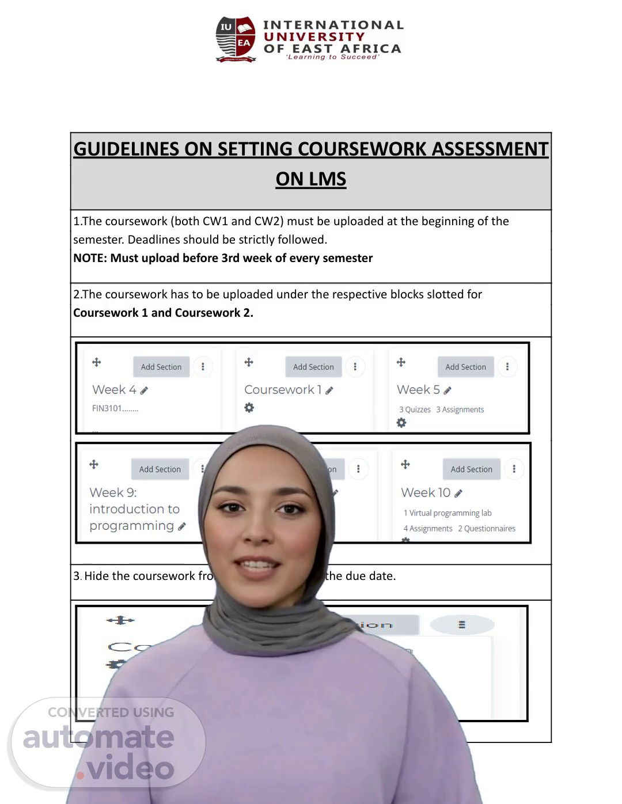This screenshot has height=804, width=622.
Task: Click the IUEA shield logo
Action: pyautogui.click(x=236, y=39)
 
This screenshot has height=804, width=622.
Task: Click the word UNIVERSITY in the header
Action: pyautogui.click(x=314, y=37)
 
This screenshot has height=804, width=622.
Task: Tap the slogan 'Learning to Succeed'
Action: pyautogui.click(x=332, y=57)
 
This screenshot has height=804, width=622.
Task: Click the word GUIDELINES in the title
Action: pyautogui.click(x=126, y=149)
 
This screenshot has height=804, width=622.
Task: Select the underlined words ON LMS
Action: pyautogui.click(x=311, y=179)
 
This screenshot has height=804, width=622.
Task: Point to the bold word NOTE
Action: pyautogui.click(x=89, y=258)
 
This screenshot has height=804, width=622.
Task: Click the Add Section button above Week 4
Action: pyautogui.click(x=161, y=367)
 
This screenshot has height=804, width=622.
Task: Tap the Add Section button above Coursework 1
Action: pyautogui.click(x=313, y=367)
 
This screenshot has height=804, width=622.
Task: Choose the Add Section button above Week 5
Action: pyautogui.click(x=465, y=367)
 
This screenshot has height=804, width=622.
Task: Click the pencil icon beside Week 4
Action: pyautogui.click(x=145, y=390)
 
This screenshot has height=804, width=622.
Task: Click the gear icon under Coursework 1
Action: pyautogui.click(x=249, y=408)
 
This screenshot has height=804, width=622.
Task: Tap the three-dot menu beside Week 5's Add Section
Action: pyautogui.click(x=507, y=367)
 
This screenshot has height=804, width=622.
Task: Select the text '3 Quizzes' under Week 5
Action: pyautogui.click(x=415, y=409)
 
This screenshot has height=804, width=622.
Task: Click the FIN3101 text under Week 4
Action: pyautogui.click(x=115, y=408)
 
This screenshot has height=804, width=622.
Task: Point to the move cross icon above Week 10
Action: pyautogui.click(x=405, y=464)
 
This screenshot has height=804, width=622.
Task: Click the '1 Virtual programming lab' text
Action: pyautogui.click(x=447, y=513)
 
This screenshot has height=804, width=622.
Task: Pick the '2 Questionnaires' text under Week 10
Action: pyautogui.click(x=487, y=528)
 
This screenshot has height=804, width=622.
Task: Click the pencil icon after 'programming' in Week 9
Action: pyautogui.click(x=182, y=526)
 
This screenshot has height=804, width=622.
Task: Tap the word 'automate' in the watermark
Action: pyautogui.click(x=98, y=737)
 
